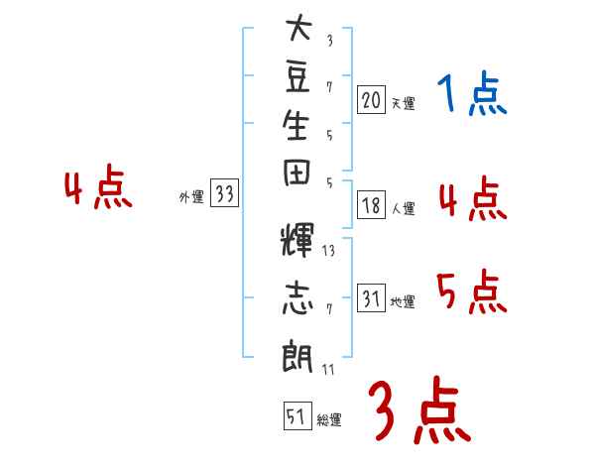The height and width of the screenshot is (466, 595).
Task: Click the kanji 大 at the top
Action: pyautogui.click(x=298, y=28)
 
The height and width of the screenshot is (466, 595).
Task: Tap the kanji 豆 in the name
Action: pyautogui.click(x=297, y=77)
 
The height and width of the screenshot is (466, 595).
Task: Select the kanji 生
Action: pyautogui.click(x=296, y=125)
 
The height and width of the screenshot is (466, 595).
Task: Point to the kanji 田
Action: pyautogui.click(x=297, y=173)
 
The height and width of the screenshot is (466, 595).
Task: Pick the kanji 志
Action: pyautogui.click(x=297, y=297)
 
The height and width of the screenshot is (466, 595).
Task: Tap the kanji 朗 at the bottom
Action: pyautogui.click(x=297, y=355)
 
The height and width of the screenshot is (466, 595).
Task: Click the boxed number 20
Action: pyautogui.click(x=371, y=100)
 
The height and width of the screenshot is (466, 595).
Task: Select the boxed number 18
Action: pyautogui.click(x=371, y=205)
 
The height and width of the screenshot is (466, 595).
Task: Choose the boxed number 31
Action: pyautogui.click(x=371, y=297)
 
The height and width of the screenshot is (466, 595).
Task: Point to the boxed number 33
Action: pyautogui.click(x=224, y=192)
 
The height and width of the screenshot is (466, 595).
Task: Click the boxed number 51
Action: pyautogui.click(x=297, y=415)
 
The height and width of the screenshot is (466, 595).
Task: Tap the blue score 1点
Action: pyautogui.click(x=472, y=93)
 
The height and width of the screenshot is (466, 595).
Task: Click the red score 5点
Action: pyautogui.click(x=472, y=291)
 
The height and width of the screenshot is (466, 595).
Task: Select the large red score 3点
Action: pyautogui.click(x=419, y=409)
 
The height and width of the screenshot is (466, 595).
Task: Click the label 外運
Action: pyautogui.click(x=191, y=197)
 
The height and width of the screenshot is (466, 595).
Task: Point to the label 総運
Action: pyautogui.click(x=328, y=420)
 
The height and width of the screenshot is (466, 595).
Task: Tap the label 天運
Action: pyautogui.click(x=403, y=103)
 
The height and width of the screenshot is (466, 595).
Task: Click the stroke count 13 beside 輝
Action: pyautogui.click(x=328, y=251)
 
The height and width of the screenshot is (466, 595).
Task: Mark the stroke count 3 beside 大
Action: pyautogui.click(x=330, y=41)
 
